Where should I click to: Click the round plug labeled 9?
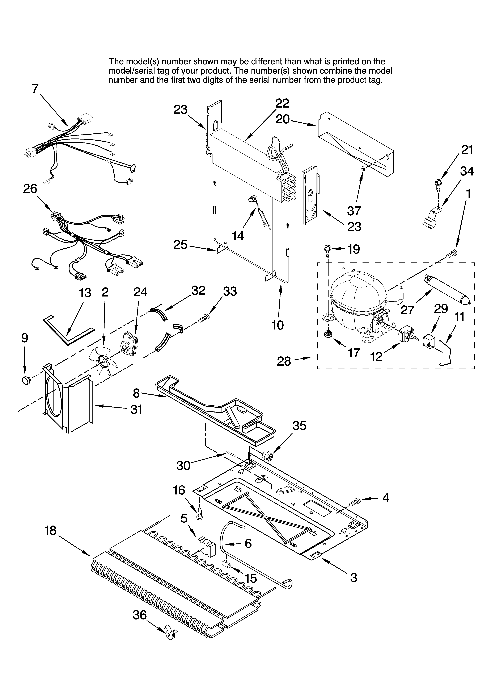(x=26, y=381)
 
